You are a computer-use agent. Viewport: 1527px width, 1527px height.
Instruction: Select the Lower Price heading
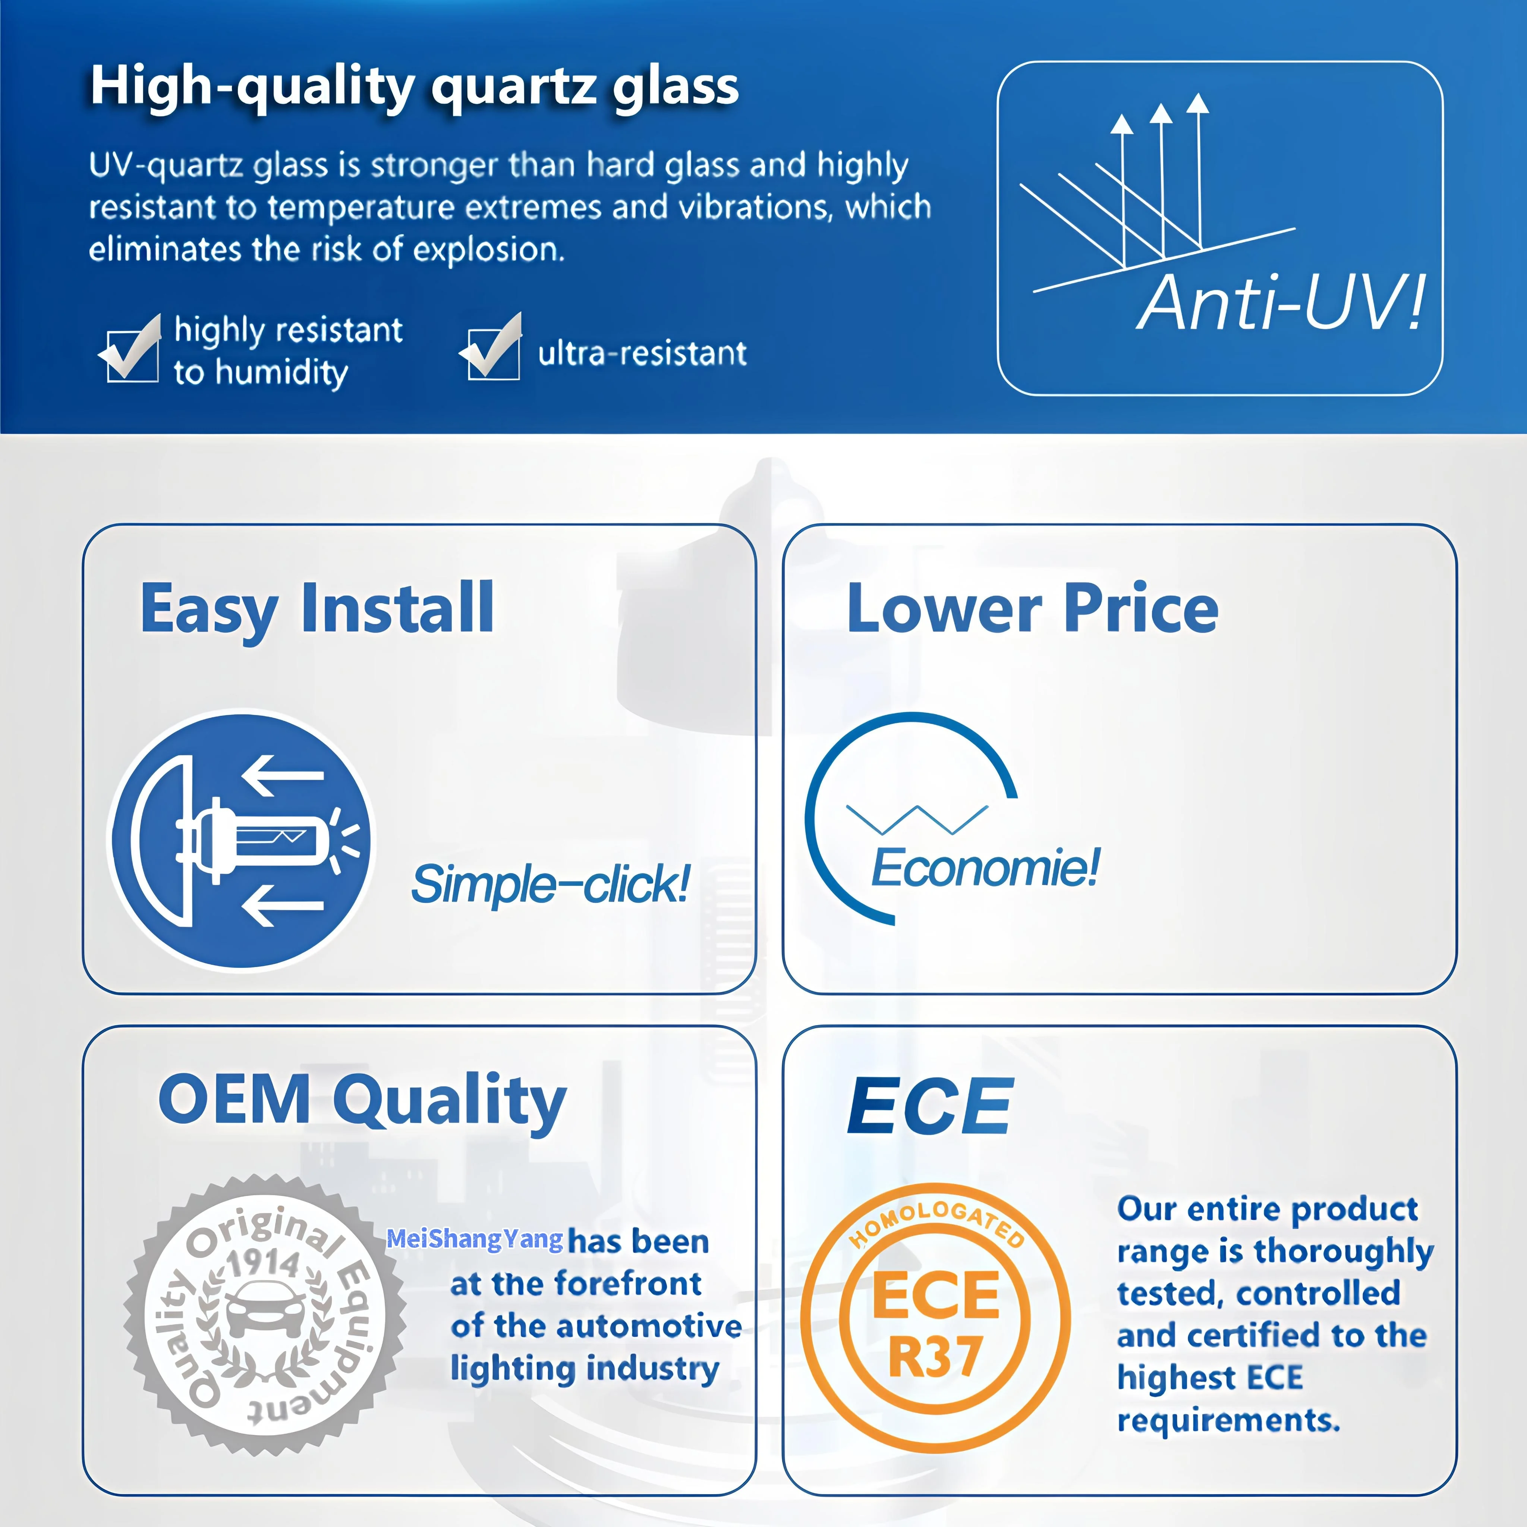pyautogui.click(x=1032, y=608)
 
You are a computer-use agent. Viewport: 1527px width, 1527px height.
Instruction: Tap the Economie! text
pyautogui.click(x=985, y=867)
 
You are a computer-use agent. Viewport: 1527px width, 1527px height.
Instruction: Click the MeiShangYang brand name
pyautogui.click(x=475, y=1239)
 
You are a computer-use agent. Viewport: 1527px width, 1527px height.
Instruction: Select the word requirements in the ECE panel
pyautogui.click(x=1228, y=1420)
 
